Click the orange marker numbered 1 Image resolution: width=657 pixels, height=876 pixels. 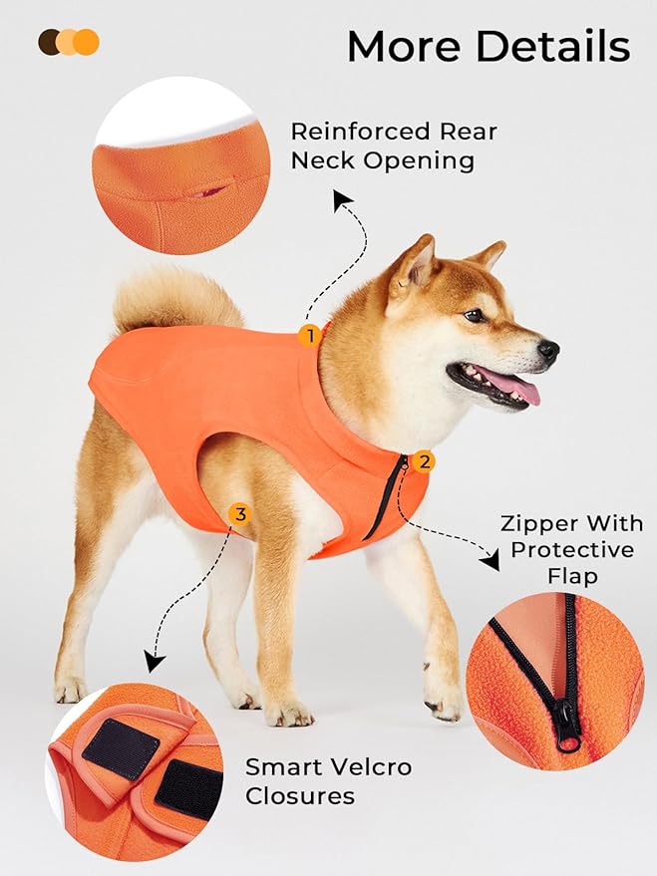point(310,336)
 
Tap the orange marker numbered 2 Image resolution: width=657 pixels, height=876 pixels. point(425,461)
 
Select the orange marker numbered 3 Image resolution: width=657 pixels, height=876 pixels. point(239,514)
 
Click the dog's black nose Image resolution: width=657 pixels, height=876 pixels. point(548,350)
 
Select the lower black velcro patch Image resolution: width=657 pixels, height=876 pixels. point(188,788)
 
